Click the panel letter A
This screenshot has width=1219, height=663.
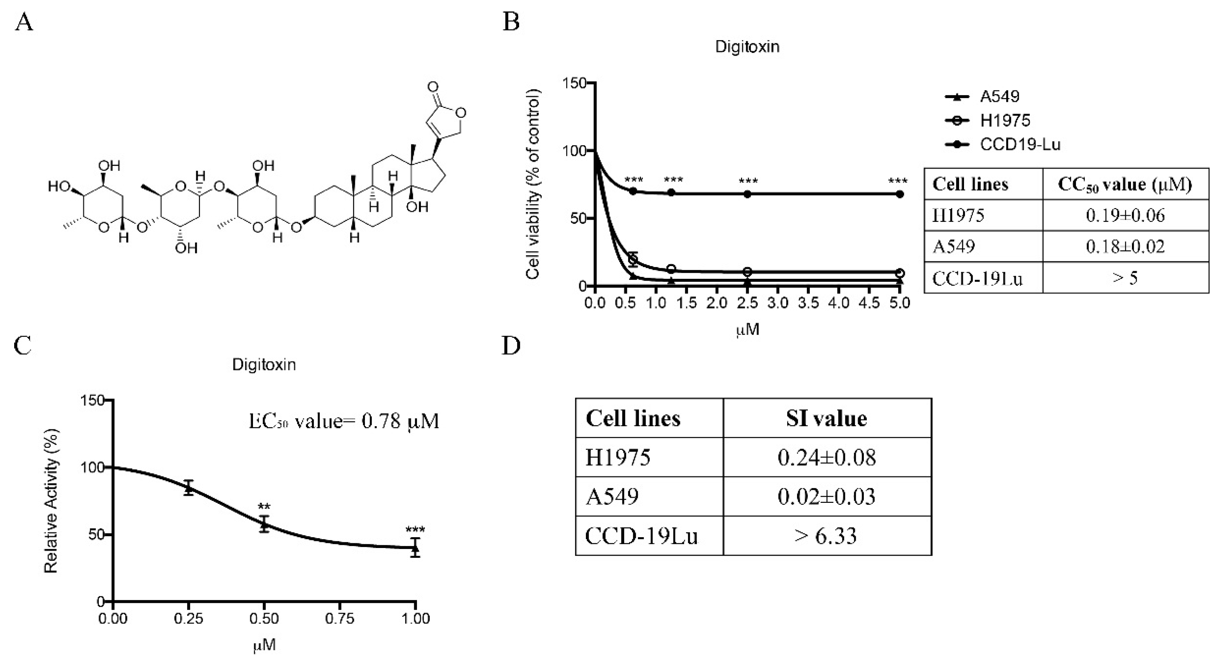pyautogui.click(x=24, y=22)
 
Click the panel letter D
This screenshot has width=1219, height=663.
pyautogui.click(x=511, y=346)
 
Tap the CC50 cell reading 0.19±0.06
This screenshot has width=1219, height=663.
pyautogui.click(x=1125, y=215)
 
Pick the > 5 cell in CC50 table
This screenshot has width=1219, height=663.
pyautogui.click(x=1125, y=278)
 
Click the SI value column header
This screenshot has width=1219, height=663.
pyautogui.click(x=826, y=419)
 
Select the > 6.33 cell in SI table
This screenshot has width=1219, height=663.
pyautogui.click(x=826, y=536)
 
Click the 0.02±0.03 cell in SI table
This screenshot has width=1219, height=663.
pyautogui.click(x=826, y=496)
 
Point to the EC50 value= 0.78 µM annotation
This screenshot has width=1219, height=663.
pyautogui.click(x=344, y=421)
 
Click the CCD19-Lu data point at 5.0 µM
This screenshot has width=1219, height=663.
pyautogui.click(x=900, y=194)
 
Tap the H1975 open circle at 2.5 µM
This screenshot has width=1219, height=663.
pyautogui.click(x=747, y=271)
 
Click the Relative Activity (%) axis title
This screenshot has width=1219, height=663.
pyautogui.click(x=51, y=501)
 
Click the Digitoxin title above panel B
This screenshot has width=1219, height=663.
pyautogui.click(x=747, y=47)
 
